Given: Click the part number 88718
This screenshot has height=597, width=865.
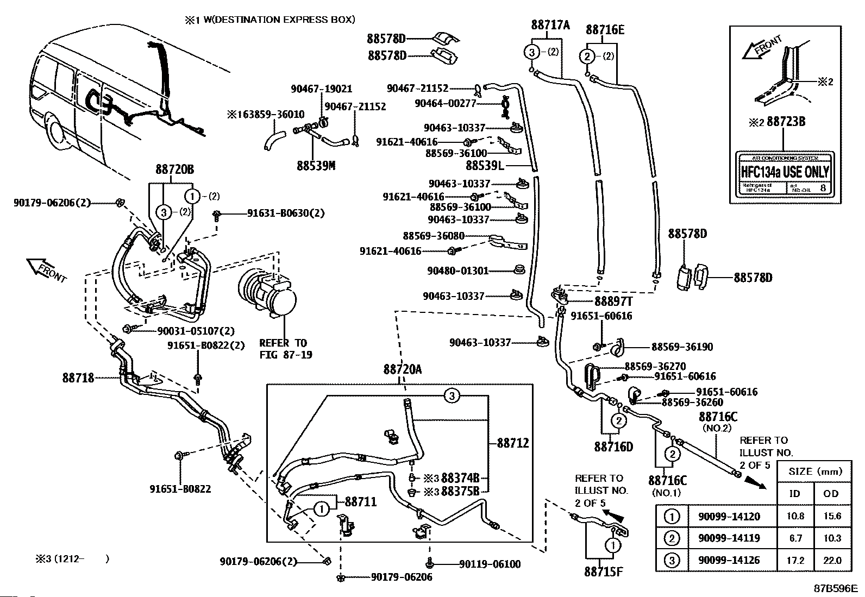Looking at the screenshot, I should pos(78,378).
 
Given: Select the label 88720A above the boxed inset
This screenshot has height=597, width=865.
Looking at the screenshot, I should pos(403,369).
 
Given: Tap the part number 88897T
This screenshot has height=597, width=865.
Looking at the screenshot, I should pos(613,301).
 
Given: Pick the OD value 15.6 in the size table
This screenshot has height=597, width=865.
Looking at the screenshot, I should pos(832,516).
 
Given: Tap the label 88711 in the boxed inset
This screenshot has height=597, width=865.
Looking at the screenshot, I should pos(361,501).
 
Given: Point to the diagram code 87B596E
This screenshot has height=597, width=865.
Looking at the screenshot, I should pos(835,588).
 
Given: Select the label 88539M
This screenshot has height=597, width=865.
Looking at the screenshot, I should pos(316,165).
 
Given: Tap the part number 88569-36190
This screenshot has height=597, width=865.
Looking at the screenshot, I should pos(682,347).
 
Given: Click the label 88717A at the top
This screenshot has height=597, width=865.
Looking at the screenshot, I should pos(550,24).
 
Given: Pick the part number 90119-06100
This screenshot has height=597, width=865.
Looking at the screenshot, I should pos(490,564).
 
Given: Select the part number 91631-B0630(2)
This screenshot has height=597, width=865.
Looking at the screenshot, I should pos(286,213).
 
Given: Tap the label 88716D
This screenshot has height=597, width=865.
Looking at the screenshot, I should pos(613,447).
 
